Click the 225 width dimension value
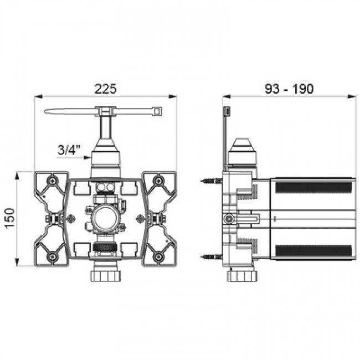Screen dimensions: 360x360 (106, 89)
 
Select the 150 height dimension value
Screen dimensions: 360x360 (9, 218)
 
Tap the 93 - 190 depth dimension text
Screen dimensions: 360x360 (289, 89)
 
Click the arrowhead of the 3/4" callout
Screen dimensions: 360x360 (88, 157)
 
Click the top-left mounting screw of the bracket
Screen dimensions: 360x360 (53, 181)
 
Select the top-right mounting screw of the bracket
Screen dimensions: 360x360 (158, 181)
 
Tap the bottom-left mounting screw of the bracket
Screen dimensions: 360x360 (53, 256)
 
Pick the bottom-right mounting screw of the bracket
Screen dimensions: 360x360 (158, 256)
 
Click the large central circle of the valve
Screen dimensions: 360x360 (105, 218)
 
